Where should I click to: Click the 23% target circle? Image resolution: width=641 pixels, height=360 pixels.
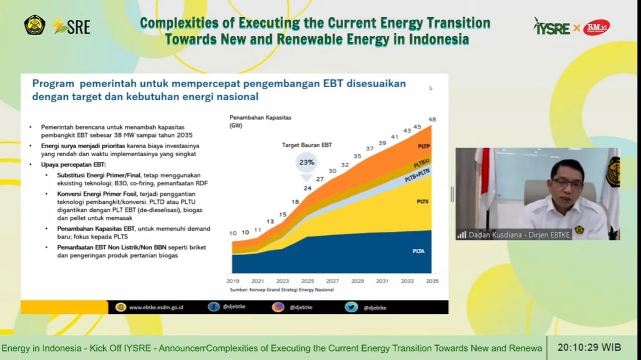[306, 162]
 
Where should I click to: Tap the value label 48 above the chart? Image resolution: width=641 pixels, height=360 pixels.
[432, 119]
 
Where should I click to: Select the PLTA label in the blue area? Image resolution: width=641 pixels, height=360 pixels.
[419, 251]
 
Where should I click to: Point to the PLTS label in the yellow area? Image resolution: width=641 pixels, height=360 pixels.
[423, 201]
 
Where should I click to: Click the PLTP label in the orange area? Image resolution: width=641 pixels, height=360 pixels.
[424, 146]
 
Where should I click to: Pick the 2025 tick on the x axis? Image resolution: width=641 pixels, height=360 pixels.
[307, 281]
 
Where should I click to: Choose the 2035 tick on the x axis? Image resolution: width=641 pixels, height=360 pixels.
[432, 281]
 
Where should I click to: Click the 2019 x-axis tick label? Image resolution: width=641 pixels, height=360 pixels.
[233, 281]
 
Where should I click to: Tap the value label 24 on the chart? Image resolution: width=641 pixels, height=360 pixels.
[307, 188]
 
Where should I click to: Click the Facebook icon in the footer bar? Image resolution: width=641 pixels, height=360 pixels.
[214, 307]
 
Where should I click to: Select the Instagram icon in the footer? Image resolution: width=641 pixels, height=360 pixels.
[278, 307]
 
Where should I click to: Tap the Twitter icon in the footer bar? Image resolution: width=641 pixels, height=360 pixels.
[352, 307]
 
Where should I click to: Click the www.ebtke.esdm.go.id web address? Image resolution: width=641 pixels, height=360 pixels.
[156, 307]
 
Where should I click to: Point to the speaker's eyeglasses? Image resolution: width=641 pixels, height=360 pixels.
[567, 183]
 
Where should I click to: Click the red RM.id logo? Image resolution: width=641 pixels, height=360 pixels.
[596, 27]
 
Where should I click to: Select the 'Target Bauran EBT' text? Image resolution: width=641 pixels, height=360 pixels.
[306, 145]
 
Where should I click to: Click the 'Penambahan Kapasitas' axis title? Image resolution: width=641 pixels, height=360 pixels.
[260, 118]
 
